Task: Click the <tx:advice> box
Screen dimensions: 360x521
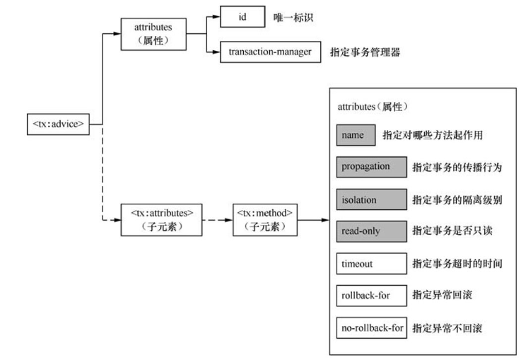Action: (58, 125)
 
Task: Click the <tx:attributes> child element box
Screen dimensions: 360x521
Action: (162, 219)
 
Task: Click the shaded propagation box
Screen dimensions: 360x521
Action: (371, 167)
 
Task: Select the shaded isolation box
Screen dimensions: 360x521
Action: (371, 199)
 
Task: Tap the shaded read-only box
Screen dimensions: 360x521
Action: (371, 231)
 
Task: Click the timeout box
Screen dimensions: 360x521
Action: (371, 264)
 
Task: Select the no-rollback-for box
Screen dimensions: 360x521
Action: (371, 329)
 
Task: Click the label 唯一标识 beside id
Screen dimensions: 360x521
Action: (292, 17)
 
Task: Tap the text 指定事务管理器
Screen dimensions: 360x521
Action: (369, 52)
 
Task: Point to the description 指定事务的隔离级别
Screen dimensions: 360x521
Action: (457, 199)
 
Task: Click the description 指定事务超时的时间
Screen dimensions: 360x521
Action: (457, 264)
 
